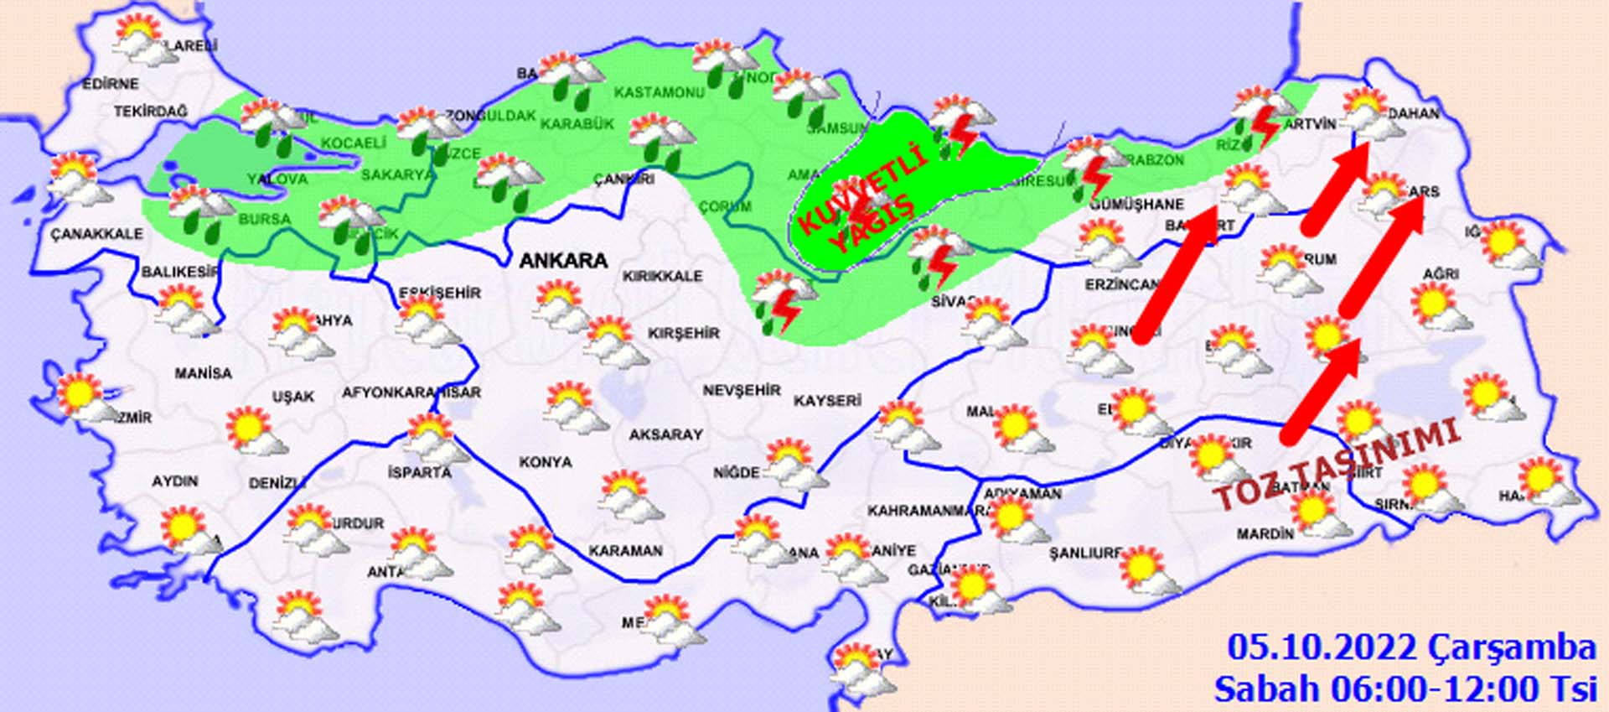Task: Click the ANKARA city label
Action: point(563,261)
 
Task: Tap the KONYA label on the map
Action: point(546,462)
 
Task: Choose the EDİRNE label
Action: point(111,84)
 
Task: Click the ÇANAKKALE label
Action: point(96,234)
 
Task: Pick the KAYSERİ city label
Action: point(827,401)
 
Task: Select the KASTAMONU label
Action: point(659,92)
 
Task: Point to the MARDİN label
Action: point(1265,533)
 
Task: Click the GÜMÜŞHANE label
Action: point(1137,204)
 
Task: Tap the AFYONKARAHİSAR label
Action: point(411,392)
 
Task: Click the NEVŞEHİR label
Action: point(742,391)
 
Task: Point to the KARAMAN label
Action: point(625,551)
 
